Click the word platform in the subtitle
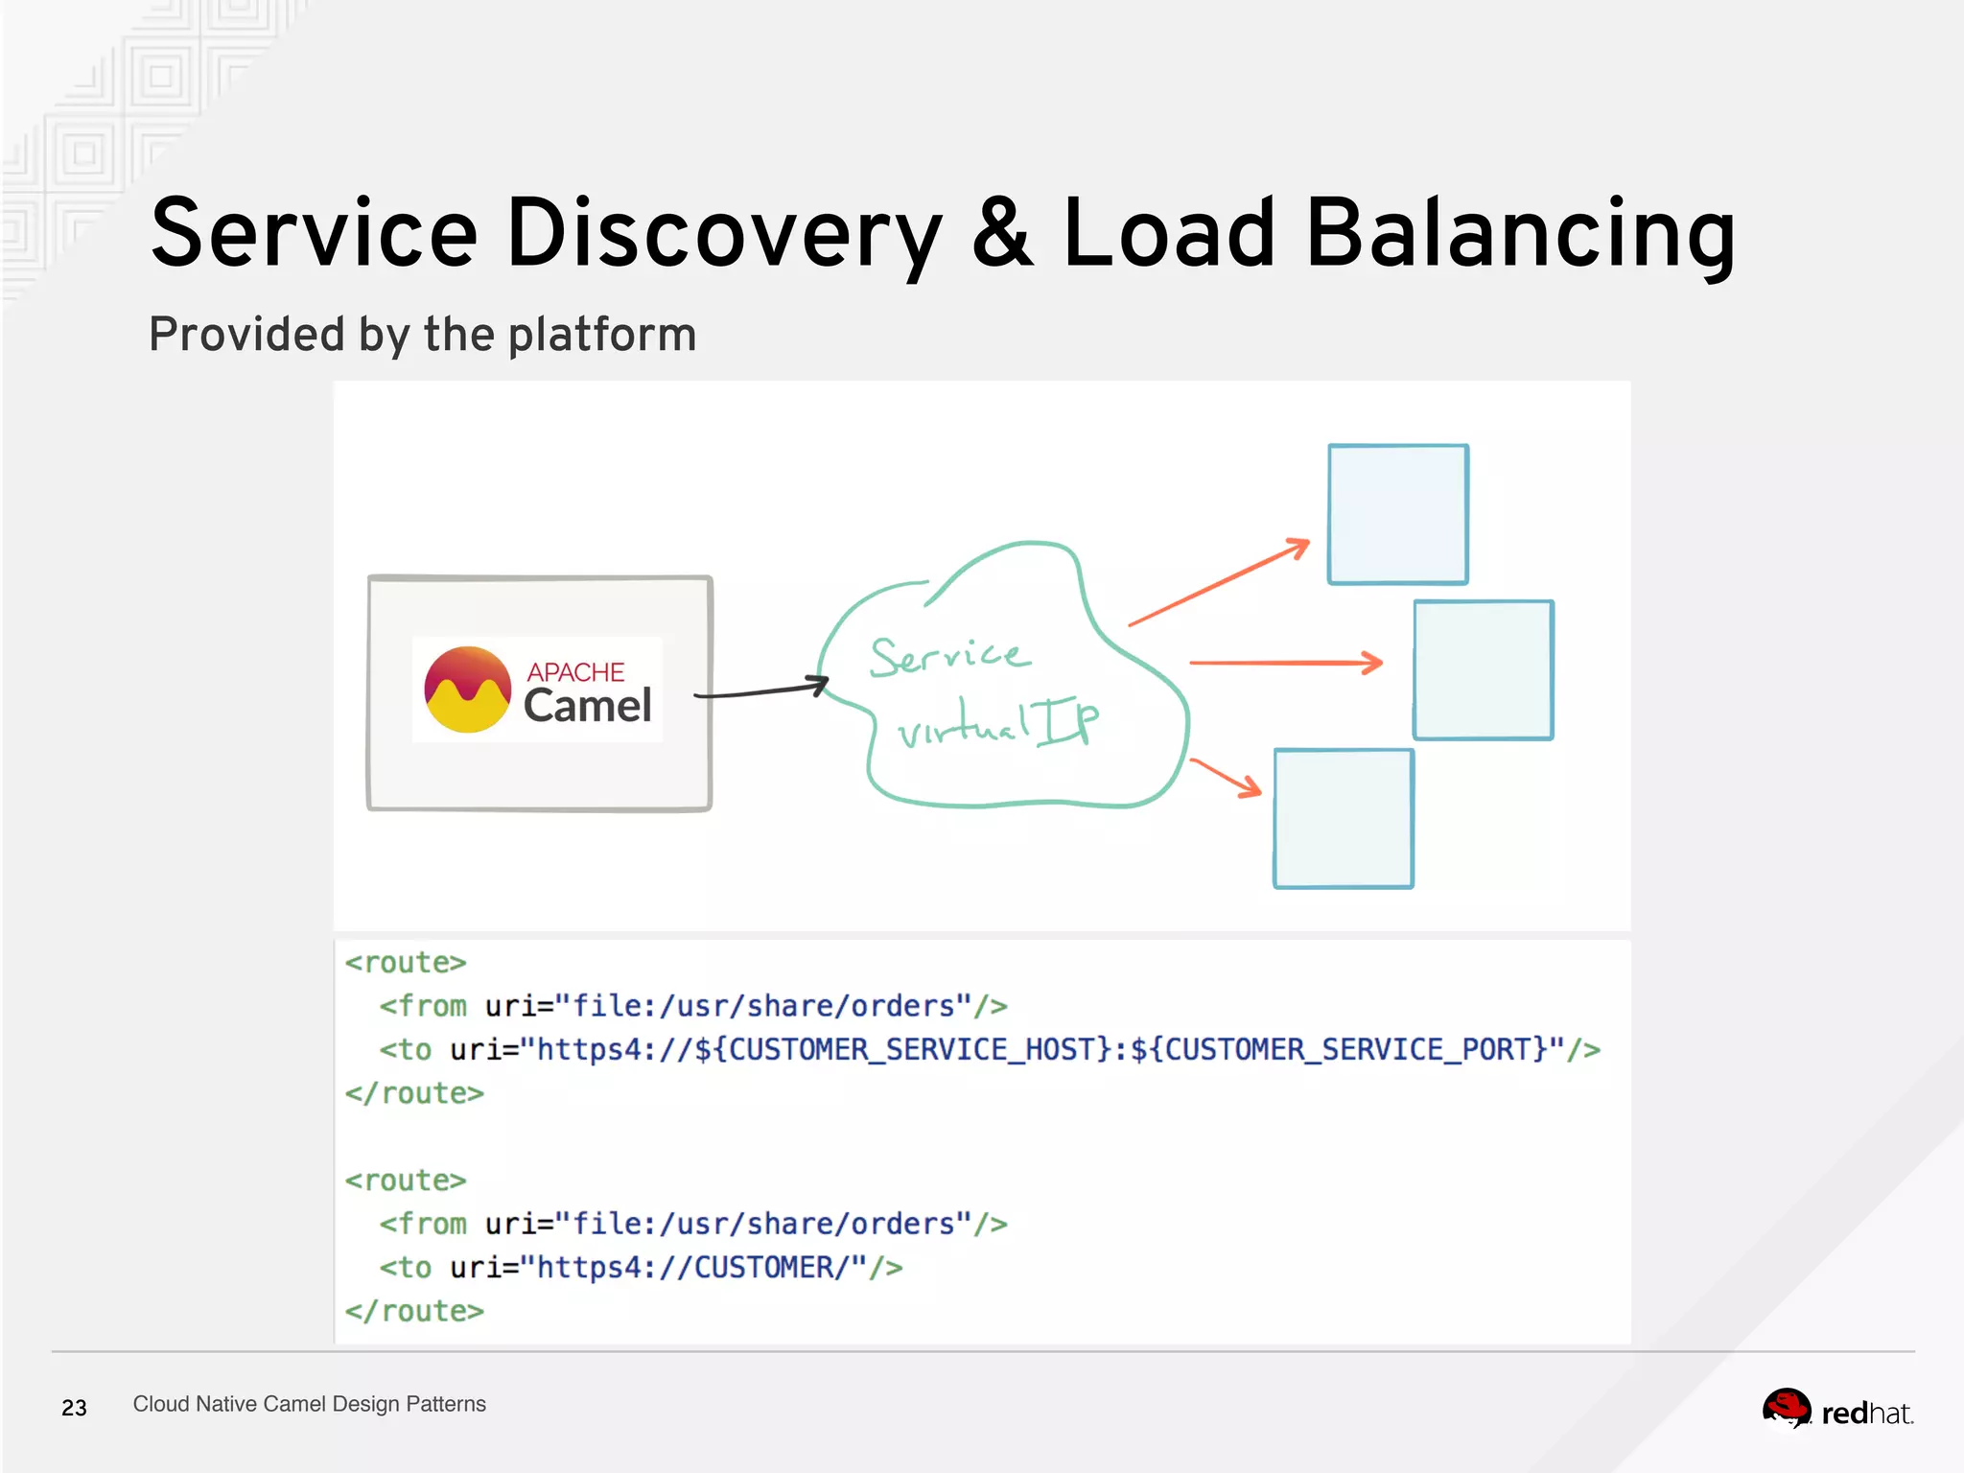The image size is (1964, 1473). tap(601, 335)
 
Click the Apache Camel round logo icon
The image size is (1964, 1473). tap(468, 690)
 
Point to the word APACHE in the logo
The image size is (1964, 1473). tap(575, 671)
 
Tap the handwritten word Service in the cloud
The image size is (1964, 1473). tap(949, 656)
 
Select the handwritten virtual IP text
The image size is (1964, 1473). tap(997, 725)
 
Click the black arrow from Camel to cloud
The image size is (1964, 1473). tap(762, 690)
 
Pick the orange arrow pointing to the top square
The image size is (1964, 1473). tap(1218, 583)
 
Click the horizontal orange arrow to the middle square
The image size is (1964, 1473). tap(1285, 663)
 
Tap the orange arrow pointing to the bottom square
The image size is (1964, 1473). tap(1226, 777)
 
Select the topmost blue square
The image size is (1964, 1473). tap(1398, 514)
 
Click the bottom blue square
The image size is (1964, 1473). tap(1344, 819)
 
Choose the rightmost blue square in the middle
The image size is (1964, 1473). tap(1484, 670)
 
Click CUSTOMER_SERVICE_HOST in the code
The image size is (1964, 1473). tap(911, 1049)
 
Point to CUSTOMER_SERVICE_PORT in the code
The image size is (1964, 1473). tap(1347, 1049)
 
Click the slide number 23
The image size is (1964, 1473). tap(74, 1408)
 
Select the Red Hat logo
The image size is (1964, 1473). tap(1837, 1411)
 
